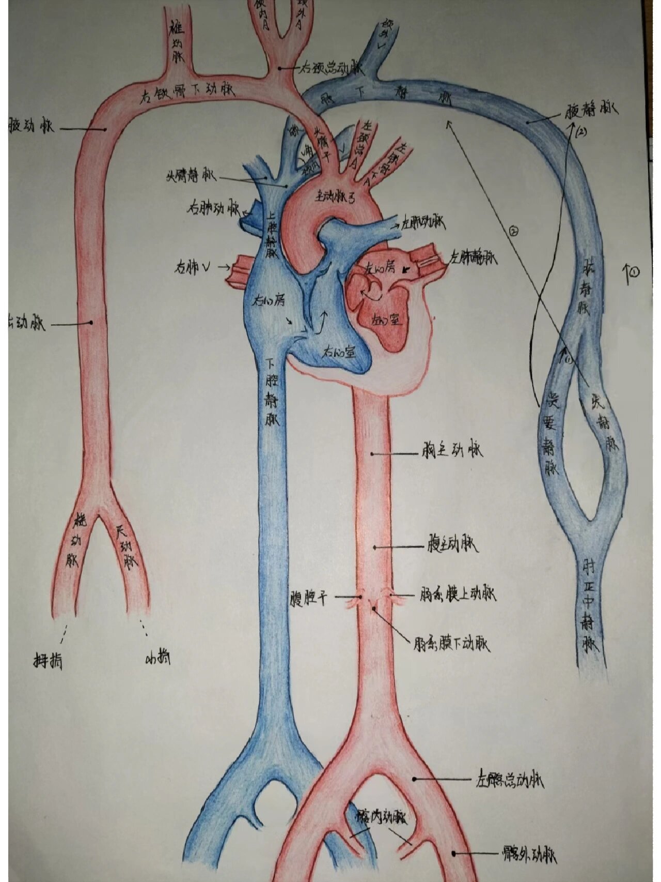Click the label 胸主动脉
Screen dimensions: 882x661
(x=450, y=451)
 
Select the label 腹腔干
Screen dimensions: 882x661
(x=308, y=598)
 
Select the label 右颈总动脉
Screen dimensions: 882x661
(x=331, y=68)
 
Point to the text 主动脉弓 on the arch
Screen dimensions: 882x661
(x=335, y=197)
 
